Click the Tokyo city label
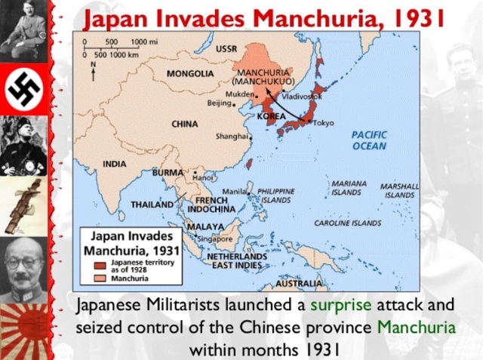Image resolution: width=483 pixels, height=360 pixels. click(x=323, y=123)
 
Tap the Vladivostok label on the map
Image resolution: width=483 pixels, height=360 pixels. click(x=301, y=97)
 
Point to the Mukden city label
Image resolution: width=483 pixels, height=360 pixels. click(x=239, y=94)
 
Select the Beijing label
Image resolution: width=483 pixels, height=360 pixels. click(x=220, y=103)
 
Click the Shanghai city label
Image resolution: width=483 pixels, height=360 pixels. click(x=232, y=137)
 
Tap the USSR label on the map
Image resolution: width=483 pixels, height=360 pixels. click(x=226, y=49)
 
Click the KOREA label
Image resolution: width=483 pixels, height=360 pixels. click(x=271, y=117)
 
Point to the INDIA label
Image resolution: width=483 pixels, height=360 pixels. click(x=115, y=163)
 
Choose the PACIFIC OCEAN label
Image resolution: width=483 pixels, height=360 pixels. click(x=368, y=140)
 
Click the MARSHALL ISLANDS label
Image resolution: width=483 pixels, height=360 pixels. click(x=399, y=190)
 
